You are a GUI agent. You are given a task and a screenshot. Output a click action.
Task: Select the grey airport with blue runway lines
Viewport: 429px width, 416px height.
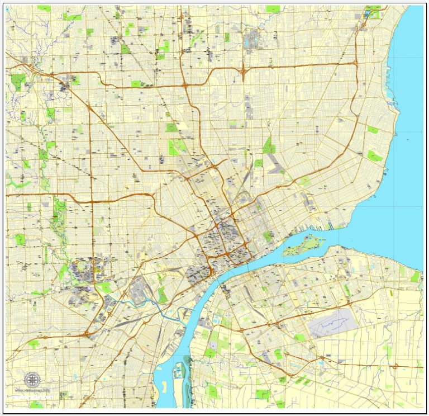pos(332,324)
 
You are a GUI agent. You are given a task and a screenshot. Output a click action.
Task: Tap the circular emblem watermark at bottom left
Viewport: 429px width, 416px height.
pos(33,379)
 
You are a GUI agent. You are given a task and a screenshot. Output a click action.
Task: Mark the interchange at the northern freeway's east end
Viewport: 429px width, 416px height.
pos(355,64)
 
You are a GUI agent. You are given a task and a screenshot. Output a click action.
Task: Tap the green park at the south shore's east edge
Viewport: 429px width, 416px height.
pos(415,276)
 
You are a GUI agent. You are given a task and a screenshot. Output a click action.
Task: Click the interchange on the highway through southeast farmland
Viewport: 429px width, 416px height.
pos(396,367)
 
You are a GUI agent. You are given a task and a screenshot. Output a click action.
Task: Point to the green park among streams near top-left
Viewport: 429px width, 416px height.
pos(18,81)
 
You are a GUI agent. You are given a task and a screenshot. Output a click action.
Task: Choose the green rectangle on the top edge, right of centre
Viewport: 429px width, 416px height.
pos(273,9)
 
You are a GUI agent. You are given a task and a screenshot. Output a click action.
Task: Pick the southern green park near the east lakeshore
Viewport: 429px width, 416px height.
pos(375,156)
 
